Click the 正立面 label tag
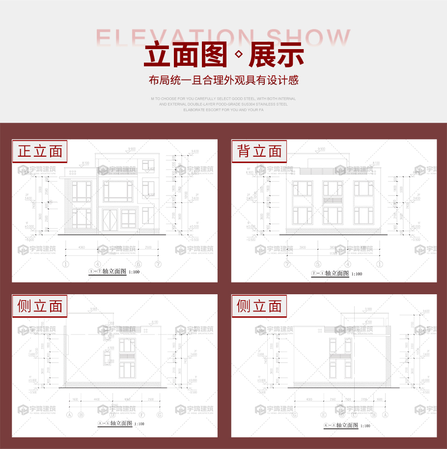40,151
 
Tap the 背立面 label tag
259,151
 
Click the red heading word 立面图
186,55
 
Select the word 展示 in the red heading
276,55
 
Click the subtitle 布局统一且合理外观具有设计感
223,80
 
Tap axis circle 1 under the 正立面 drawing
66,264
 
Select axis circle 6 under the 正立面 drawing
139,264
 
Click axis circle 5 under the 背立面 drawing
318,264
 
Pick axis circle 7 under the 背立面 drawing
288,264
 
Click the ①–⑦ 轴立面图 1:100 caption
113,272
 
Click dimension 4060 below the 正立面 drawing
82,248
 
